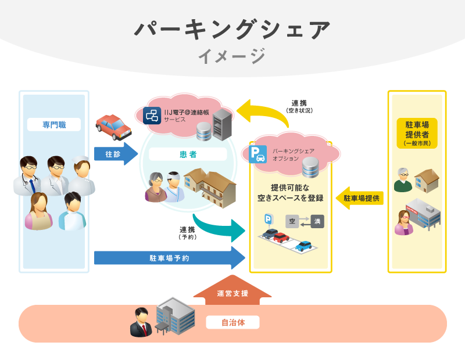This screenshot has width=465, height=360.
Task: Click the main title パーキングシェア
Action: click(232, 30)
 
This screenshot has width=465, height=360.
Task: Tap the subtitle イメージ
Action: click(232, 56)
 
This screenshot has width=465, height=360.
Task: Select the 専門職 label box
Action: click(53, 124)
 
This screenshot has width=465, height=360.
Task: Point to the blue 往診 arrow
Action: click(116, 154)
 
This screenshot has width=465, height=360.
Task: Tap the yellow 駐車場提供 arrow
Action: click(360, 198)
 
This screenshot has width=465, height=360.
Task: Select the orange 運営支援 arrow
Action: click(233, 290)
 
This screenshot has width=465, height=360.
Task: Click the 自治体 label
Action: click(233, 322)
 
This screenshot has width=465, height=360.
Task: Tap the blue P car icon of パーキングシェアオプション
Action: click(258, 154)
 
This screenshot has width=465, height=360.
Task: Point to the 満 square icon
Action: click(317, 221)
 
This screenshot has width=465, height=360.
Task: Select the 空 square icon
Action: click(292, 221)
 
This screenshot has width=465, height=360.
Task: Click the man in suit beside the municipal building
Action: click(140, 323)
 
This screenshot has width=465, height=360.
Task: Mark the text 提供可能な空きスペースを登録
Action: click(290, 193)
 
